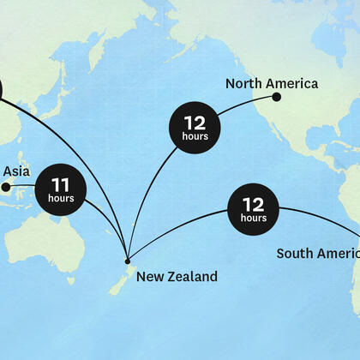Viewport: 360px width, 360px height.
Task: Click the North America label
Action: (272, 83)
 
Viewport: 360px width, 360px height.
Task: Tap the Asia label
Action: (16, 171)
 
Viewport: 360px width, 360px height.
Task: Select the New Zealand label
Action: (177, 276)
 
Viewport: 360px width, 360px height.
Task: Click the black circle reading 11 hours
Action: (62, 188)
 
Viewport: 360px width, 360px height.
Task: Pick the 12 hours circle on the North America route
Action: (195, 127)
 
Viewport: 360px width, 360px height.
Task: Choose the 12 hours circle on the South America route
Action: (254, 208)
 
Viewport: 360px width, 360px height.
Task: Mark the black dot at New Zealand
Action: (128, 261)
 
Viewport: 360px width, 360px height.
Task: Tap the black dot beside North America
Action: (277, 97)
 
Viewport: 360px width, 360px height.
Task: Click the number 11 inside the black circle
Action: (61, 183)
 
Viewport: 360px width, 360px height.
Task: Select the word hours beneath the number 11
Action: (62, 199)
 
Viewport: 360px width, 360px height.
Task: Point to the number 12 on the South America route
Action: (254, 204)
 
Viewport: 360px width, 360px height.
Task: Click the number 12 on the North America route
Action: (195, 122)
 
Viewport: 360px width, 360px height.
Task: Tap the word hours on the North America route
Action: (195, 137)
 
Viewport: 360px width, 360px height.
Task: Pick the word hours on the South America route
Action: (254, 219)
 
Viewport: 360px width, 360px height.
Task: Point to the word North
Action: (243, 83)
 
